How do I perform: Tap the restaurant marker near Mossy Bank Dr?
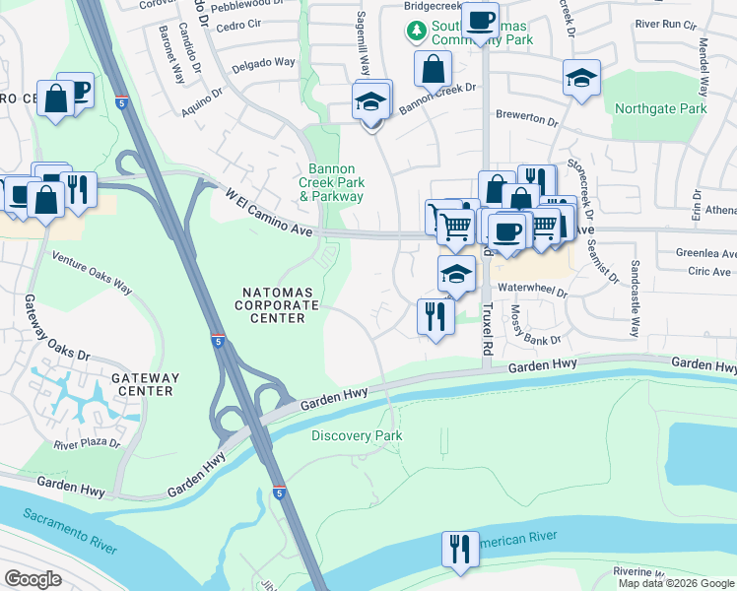(435, 317)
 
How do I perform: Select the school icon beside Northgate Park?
(581, 78)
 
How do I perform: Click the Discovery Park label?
(357, 435)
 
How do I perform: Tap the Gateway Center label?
(146, 384)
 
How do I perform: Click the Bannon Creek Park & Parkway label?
(332, 183)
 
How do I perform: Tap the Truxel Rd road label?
(487, 329)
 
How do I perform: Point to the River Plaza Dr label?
(87, 444)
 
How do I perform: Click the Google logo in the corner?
(33, 579)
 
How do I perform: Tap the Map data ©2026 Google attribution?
(676, 583)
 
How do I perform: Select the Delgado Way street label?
(263, 62)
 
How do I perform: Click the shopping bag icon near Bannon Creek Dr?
(433, 70)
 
